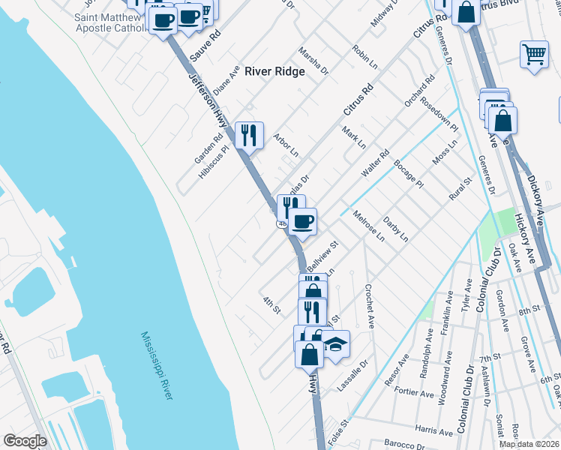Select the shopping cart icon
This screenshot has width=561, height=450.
533,54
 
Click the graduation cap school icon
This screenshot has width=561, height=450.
337,343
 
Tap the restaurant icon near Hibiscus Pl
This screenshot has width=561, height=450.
250,135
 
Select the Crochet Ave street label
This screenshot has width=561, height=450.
369,306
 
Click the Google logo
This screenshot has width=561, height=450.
25,441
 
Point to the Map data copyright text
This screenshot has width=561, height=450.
529,444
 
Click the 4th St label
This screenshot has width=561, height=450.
271,305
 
